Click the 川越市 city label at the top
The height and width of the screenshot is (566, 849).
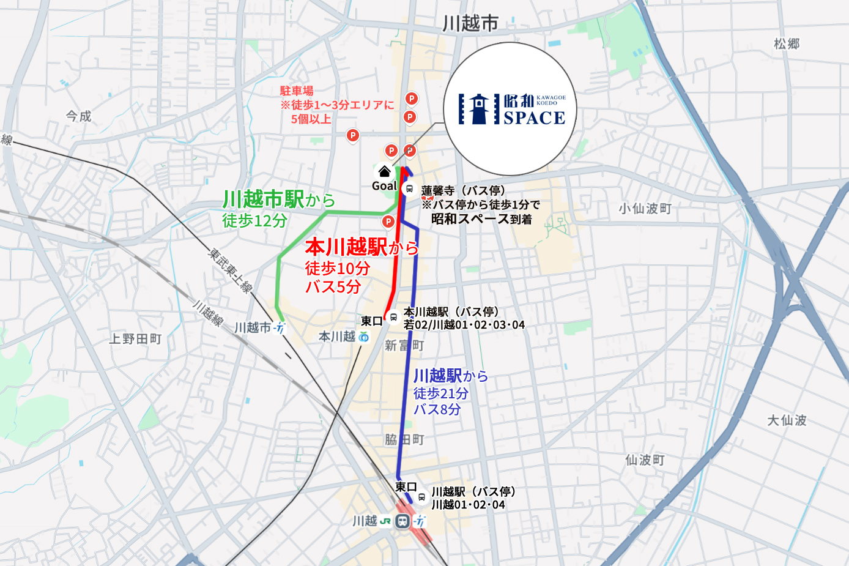[x=470, y=23]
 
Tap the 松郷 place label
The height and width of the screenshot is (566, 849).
[x=787, y=44]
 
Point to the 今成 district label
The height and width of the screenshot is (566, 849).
[x=78, y=116]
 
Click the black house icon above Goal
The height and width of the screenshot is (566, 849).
[x=384, y=171]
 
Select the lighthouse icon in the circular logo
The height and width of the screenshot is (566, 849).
[x=479, y=109]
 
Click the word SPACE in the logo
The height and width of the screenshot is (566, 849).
[x=534, y=118]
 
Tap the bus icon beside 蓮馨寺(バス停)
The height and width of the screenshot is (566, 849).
[x=409, y=189]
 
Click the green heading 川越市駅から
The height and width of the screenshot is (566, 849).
[x=278, y=199]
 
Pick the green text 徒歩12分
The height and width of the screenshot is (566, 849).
[x=254, y=220]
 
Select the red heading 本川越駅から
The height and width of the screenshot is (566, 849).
[x=361, y=247]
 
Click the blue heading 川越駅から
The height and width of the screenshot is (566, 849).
[x=450, y=376]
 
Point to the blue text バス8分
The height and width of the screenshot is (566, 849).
[x=437, y=409]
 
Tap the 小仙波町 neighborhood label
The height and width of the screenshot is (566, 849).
[x=645, y=209]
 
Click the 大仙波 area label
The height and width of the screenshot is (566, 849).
[x=787, y=420]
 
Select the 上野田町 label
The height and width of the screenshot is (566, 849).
[x=135, y=339]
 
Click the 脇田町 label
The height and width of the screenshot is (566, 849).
[x=404, y=440]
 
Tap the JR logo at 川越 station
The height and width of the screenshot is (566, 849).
[x=385, y=521]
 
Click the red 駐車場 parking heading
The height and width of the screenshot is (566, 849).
[x=297, y=91]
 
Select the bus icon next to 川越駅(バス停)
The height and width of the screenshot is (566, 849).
[x=421, y=497]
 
